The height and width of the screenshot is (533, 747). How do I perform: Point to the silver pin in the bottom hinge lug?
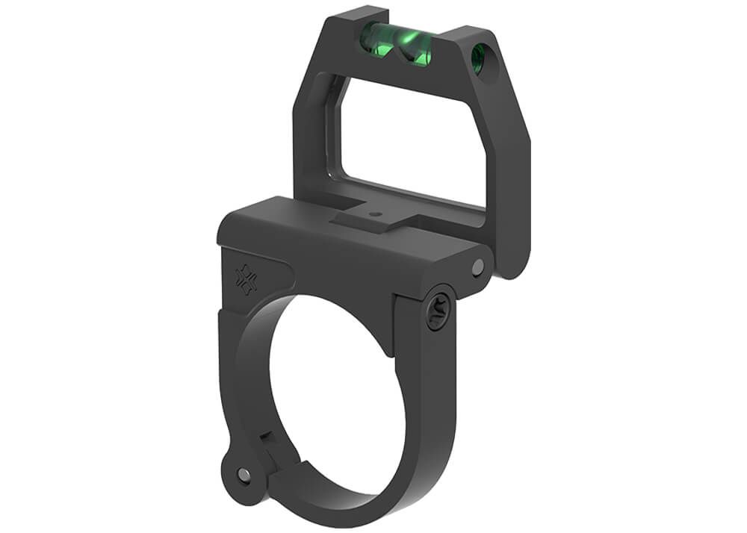244,473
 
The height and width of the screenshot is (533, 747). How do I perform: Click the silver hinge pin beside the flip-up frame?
478,266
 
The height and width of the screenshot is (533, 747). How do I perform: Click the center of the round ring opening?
329,388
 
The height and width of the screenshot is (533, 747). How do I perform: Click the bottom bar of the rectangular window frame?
418,196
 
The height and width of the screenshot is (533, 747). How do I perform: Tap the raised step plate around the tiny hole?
373,219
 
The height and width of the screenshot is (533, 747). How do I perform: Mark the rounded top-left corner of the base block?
228,224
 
